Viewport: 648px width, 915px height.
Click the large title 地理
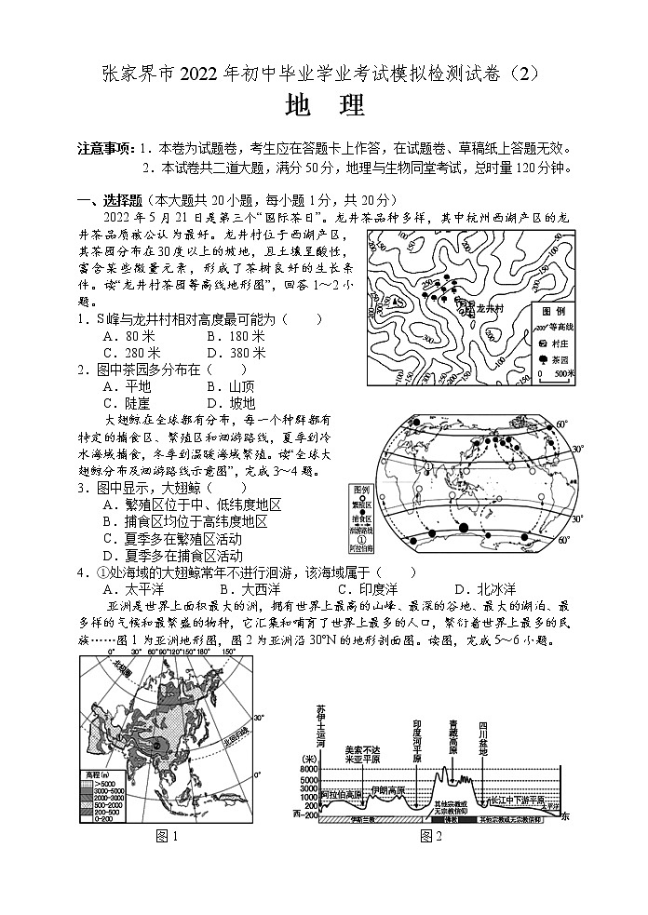(324, 106)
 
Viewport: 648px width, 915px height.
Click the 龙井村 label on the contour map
(487, 308)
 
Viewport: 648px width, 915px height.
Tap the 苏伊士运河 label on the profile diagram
(321, 725)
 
